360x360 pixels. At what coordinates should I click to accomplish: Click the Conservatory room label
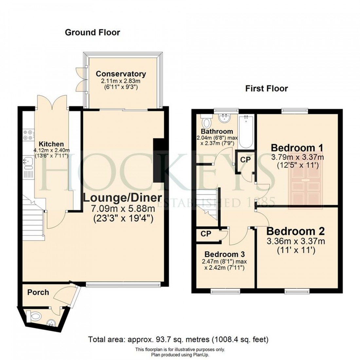pyautogui.click(x=121, y=74)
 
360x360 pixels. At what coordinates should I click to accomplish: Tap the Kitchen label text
pyautogui.click(x=51, y=144)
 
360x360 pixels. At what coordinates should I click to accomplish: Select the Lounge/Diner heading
pyautogui.click(x=122, y=198)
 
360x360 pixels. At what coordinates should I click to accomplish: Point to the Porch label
pyautogui.click(x=38, y=292)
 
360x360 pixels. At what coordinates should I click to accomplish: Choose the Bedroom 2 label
pyautogui.click(x=296, y=231)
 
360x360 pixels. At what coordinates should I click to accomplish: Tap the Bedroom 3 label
pyautogui.click(x=225, y=254)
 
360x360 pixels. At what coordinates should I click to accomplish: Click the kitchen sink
pyautogui.click(x=27, y=161)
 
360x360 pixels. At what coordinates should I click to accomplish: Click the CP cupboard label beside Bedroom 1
pyautogui.click(x=244, y=160)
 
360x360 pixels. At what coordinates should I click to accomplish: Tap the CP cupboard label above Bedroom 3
pyautogui.click(x=206, y=234)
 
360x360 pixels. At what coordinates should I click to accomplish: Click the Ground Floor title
pyautogui.click(x=92, y=32)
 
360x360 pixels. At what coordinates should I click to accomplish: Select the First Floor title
pyautogui.click(x=267, y=89)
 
